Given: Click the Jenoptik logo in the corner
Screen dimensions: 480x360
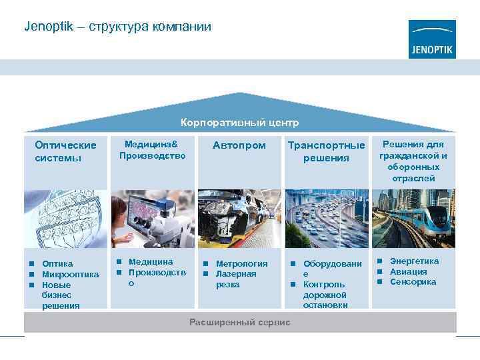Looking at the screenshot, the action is (432, 39).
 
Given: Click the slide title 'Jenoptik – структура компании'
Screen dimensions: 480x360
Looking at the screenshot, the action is (117, 27).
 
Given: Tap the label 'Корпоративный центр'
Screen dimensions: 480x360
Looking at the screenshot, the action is (240, 123).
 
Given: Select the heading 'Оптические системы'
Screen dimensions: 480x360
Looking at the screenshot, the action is (65, 151).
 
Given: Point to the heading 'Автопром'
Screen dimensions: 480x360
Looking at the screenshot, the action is (239, 145).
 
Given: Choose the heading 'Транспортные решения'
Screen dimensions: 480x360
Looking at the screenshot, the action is (326, 151).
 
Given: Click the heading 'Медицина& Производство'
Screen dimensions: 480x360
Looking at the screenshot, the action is (152, 150).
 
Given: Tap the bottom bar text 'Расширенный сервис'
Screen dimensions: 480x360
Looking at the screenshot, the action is (240, 323).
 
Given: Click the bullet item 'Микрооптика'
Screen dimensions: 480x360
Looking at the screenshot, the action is (70, 274).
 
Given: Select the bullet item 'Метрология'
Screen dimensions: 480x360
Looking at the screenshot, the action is (241, 263).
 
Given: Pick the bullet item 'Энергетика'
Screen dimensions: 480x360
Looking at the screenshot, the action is (414, 261).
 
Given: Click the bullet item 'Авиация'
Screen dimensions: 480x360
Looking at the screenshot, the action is (409, 271).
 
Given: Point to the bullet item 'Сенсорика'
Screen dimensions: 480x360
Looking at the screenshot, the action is (413, 282).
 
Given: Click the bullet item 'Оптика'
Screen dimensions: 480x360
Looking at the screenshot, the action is (57, 263).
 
